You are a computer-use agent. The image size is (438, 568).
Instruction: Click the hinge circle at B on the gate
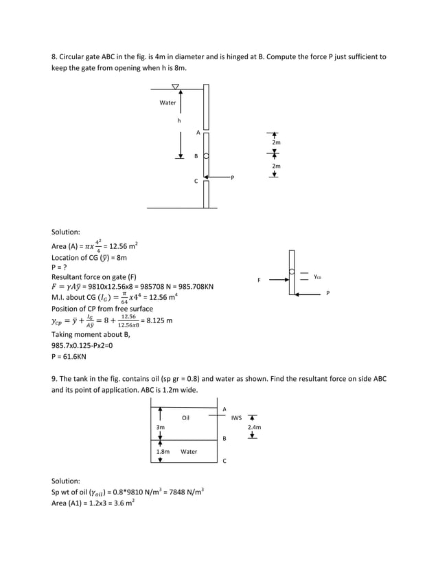click(205, 156)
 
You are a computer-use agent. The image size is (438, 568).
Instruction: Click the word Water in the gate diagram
click(168, 102)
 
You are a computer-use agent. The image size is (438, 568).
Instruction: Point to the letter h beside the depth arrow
click(178, 120)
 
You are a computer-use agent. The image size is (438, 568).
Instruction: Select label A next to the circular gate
click(198, 132)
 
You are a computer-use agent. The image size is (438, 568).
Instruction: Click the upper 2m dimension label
click(277, 142)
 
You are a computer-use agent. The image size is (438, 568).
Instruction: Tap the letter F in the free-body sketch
click(259, 280)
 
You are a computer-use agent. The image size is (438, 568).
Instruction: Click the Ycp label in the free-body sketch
click(318, 277)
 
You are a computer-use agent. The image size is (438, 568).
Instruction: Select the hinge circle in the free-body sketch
click(292, 272)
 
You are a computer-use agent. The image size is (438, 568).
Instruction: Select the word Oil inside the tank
click(185, 417)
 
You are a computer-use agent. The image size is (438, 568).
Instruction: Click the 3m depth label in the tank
click(160, 427)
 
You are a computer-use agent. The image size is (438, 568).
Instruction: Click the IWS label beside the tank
click(237, 417)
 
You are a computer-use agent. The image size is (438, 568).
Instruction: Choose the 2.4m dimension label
click(254, 427)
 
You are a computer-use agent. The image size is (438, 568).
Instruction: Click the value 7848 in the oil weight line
click(159, 492)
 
